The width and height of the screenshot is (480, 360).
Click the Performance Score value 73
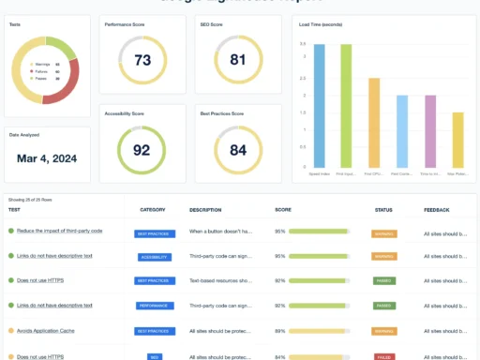142,60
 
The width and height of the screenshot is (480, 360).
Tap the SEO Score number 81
237,60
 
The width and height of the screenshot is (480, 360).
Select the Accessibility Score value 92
142,148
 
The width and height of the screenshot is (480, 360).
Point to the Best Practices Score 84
237,149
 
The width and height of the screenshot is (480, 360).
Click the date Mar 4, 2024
47,157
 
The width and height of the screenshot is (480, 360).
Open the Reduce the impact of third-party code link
59,230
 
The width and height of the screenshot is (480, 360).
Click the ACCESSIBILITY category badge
153,255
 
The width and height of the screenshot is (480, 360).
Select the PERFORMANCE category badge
153,306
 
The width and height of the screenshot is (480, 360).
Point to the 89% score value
279,331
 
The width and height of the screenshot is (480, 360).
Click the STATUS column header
382,210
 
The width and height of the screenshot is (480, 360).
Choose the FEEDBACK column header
437,210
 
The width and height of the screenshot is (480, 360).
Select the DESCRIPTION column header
205,210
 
